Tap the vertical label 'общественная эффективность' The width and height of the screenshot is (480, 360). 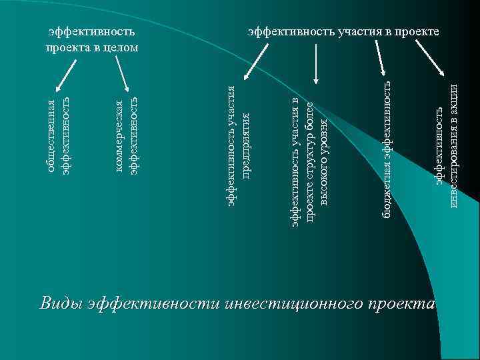click(58, 136)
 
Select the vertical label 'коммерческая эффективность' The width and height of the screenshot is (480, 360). click(126, 136)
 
